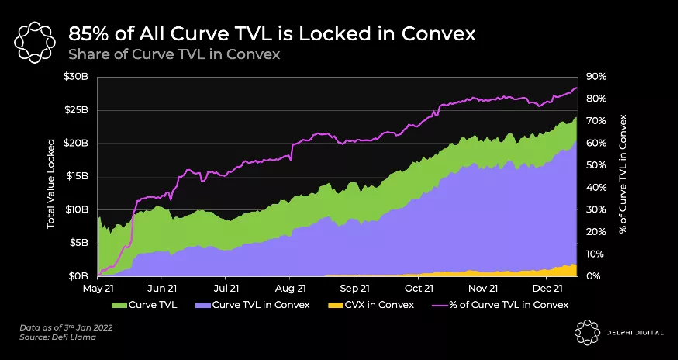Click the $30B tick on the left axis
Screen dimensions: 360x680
click(x=78, y=77)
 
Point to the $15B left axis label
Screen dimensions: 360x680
click(x=78, y=176)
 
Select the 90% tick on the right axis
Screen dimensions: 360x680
click(x=596, y=77)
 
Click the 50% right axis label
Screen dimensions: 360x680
click(x=596, y=165)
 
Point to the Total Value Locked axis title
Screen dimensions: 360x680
click(x=51, y=183)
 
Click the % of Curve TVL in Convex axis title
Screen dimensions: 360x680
click(x=623, y=175)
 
